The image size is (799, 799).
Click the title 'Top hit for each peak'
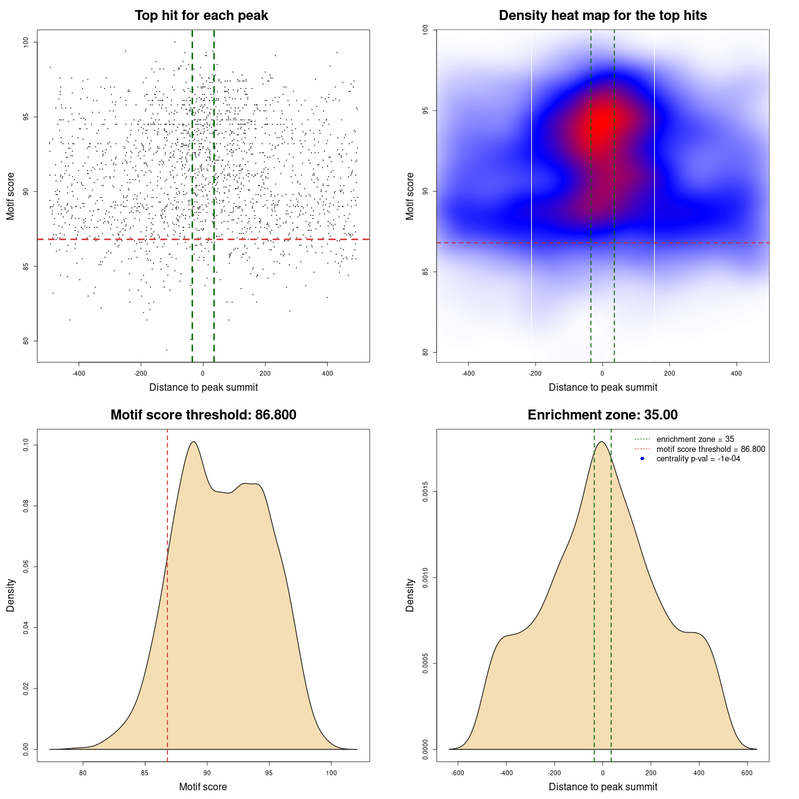click(x=201, y=16)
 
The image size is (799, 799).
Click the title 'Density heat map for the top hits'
click(x=602, y=16)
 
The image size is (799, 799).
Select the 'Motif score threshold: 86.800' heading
click(x=203, y=415)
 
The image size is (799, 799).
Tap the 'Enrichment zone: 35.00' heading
click(x=602, y=415)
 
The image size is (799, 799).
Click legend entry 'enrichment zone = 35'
click(x=695, y=439)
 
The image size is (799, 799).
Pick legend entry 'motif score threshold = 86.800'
click(x=710, y=449)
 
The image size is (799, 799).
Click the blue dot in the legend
click(x=642, y=459)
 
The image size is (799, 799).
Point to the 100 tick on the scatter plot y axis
click(x=26, y=42)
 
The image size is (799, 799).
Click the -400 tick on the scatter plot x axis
click(x=79, y=373)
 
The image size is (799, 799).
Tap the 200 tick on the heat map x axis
click(x=669, y=373)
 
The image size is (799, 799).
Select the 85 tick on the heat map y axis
click(x=425, y=272)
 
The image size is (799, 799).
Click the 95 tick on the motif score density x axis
click(x=269, y=773)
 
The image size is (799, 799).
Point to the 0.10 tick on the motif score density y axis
click(x=26, y=445)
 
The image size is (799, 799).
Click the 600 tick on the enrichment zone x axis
click(x=747, y=773)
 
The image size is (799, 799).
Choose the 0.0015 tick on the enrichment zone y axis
click(x=425, y=492)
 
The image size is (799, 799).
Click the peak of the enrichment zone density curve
click(x=601, y=442)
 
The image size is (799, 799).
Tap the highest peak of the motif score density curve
click(x=194, y=442)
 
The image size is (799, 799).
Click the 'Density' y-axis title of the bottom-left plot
click(x=11, y=596)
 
